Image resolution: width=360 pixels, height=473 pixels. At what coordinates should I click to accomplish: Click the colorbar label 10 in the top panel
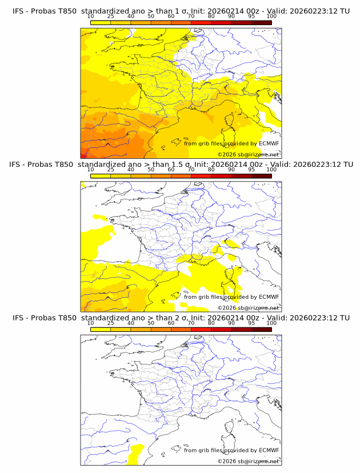click(91, 16)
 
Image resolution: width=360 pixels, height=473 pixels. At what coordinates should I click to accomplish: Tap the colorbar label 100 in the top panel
click(271, 16)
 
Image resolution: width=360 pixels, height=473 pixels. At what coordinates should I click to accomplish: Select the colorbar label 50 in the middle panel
click(151, 170)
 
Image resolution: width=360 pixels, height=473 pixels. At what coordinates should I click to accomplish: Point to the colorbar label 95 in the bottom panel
click(251, 323)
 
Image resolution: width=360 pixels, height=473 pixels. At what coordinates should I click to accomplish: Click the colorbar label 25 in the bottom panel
click(111, 323)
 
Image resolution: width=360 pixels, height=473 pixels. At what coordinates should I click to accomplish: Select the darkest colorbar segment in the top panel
click(261, 22)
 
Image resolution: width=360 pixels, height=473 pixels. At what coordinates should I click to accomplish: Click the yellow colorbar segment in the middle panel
click(101, 176)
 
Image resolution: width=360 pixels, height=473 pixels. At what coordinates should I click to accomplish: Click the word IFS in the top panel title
click(19, 11)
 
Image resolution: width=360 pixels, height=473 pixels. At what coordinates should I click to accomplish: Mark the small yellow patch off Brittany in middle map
click(99, 217)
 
